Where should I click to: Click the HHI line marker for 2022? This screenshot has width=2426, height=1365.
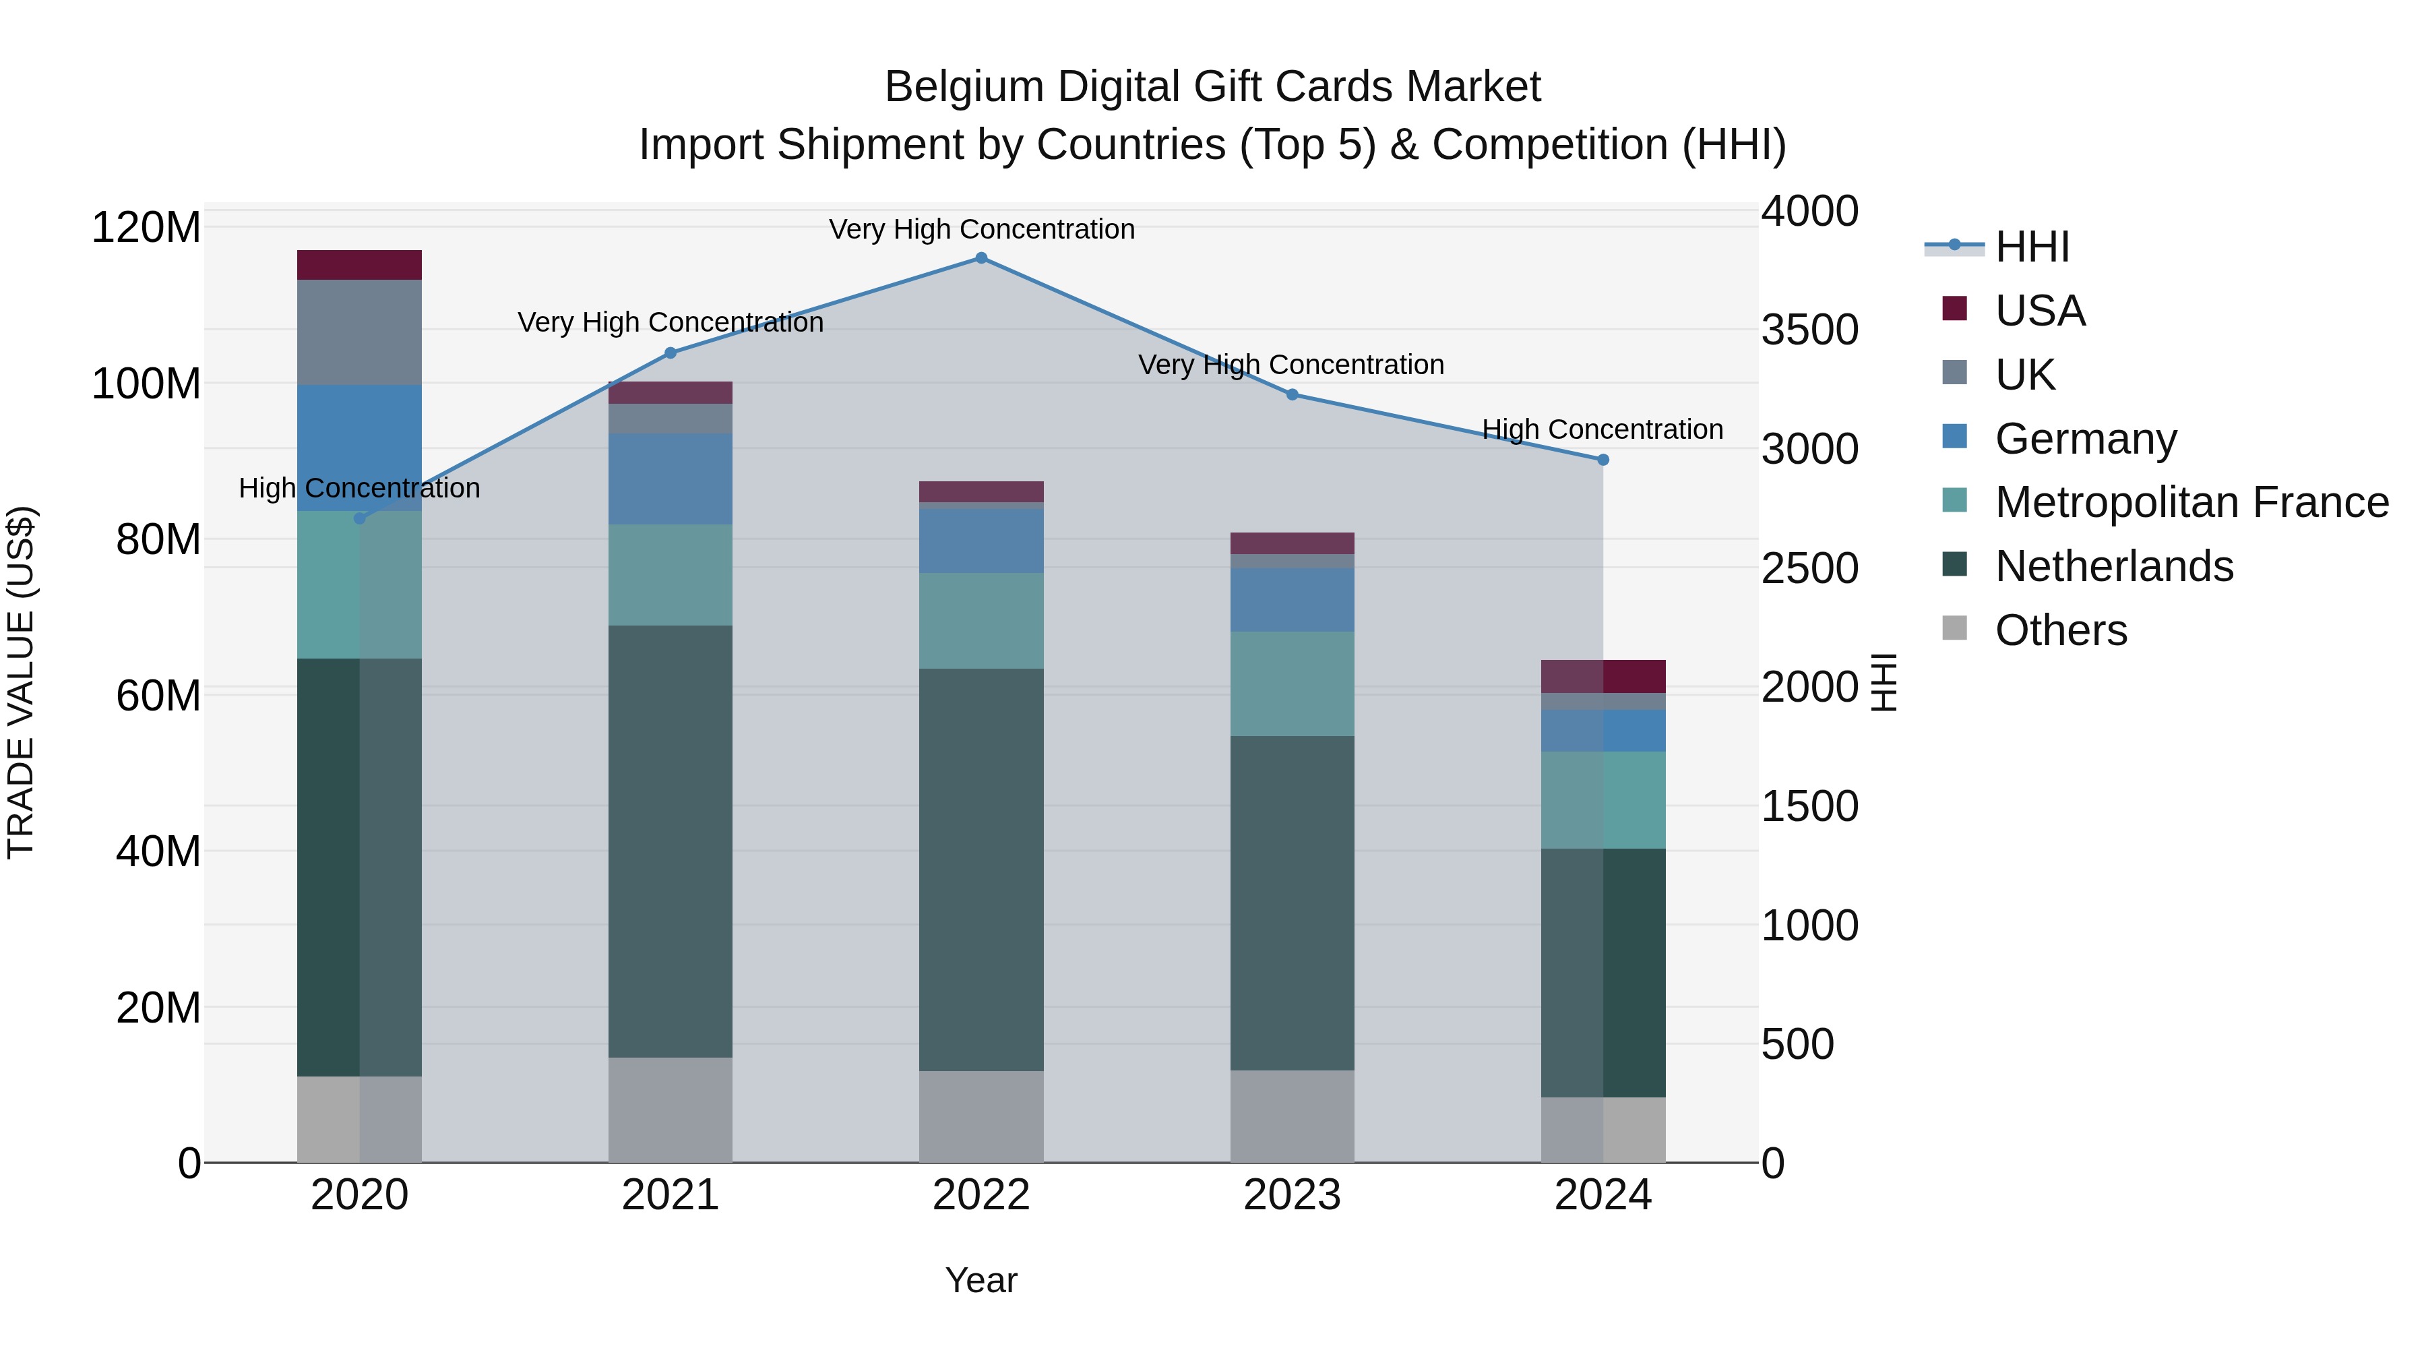tap(981, 258)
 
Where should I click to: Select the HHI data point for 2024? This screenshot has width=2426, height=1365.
tap(1603, 460)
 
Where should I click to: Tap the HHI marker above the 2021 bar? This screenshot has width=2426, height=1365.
tap(671, 353)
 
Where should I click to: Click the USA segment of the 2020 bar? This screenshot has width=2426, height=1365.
tap(359, 265)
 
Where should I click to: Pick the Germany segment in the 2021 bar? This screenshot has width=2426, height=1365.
tap(671, 479)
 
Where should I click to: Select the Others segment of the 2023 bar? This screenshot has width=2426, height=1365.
tap(1292, 1116)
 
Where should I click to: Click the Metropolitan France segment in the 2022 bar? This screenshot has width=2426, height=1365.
tap(981, 621)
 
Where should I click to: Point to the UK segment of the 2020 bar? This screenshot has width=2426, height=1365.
tap(359, 332)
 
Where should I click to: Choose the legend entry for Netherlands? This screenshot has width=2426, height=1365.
tap(2113, 566)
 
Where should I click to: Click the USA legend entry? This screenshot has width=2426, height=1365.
tap(2040, 311)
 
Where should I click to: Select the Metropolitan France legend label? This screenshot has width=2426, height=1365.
tap(2191, 502)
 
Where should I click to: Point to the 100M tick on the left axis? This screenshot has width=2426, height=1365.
tap(146, 384)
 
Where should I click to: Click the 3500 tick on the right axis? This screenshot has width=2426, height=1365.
tap(1809, 330)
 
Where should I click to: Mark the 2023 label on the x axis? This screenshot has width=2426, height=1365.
tap(1292, 1194)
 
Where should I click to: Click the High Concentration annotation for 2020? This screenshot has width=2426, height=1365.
tap(359, 488)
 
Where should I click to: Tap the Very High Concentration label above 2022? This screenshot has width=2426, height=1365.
tap(981, 229)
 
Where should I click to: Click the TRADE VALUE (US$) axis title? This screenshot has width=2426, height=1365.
tap(21, 682)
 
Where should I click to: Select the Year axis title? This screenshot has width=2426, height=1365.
tap(981, 1280)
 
